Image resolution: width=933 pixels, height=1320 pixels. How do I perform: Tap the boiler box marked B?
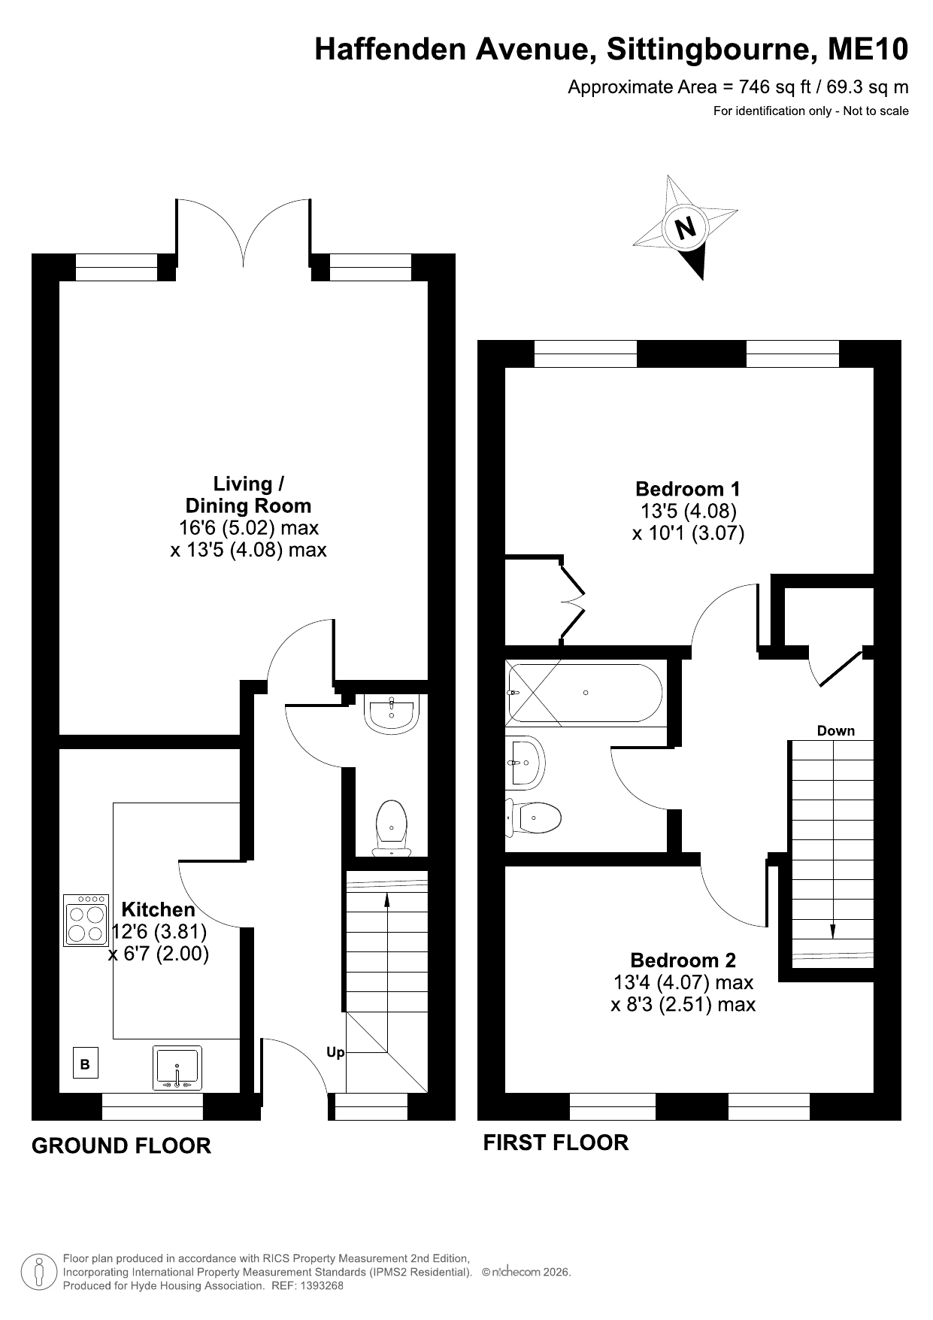tap(85, 1064)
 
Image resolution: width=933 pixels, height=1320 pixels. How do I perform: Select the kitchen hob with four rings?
tap(86, 920)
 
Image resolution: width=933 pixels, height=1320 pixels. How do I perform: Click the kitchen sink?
tap(177, 1067)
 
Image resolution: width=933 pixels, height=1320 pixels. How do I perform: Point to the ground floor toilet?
tap(392, 828)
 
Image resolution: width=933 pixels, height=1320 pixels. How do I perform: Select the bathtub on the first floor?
tap(584, 693)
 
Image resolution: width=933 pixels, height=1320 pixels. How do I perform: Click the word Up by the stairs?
tap(335, 1052)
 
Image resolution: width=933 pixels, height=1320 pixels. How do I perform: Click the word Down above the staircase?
tap(836, 730)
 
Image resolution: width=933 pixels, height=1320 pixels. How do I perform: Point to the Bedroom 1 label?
tap(688, 489)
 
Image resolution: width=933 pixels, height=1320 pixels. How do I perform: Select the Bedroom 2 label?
tap(683, 960)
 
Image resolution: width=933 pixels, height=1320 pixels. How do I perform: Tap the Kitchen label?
tap(158, 909)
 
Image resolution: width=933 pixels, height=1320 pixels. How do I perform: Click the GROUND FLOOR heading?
tap(122, 1146)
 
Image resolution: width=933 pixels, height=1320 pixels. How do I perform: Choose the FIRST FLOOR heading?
tap(556, 1142)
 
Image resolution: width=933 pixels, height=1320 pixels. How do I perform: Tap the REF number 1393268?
tap(323, 1285)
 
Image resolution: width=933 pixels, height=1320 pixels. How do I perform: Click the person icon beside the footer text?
tap(38, 1272)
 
